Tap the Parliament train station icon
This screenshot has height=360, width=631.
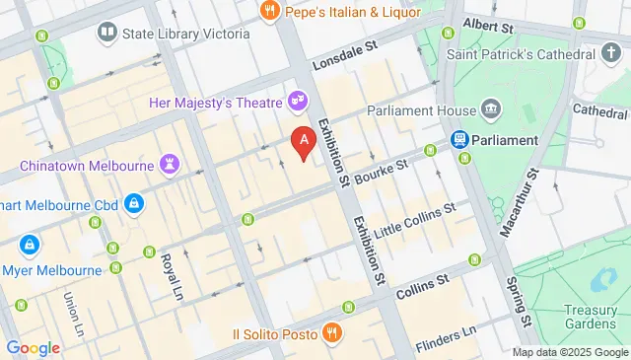tap(459, 140)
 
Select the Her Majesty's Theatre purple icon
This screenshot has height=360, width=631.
tap(296, 101)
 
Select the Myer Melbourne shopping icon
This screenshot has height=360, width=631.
tap(30, 244)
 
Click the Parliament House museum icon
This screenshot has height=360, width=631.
tap(490, 109)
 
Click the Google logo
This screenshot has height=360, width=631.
tap(33, 347)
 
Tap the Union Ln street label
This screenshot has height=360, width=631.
tap(72, 310)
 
